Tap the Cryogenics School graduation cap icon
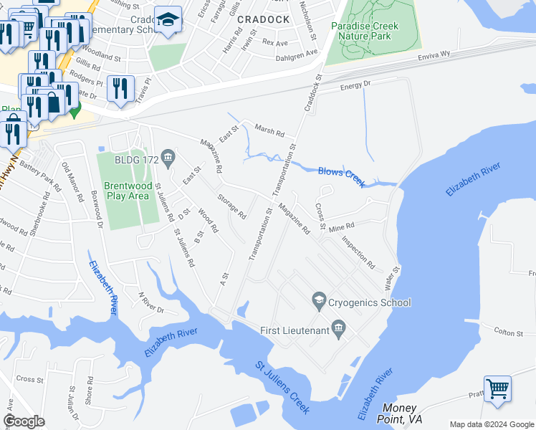pos(319,302)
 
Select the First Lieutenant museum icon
pos(340,330)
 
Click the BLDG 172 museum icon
pos(169,158)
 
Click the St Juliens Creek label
pos(283,388)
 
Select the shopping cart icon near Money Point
pos(497,389)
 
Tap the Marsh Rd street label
pos(271,133)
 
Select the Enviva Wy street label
pos(434,54)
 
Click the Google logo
pos(24,421)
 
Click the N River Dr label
pos(151,303)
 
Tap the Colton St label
pos(510,330)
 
